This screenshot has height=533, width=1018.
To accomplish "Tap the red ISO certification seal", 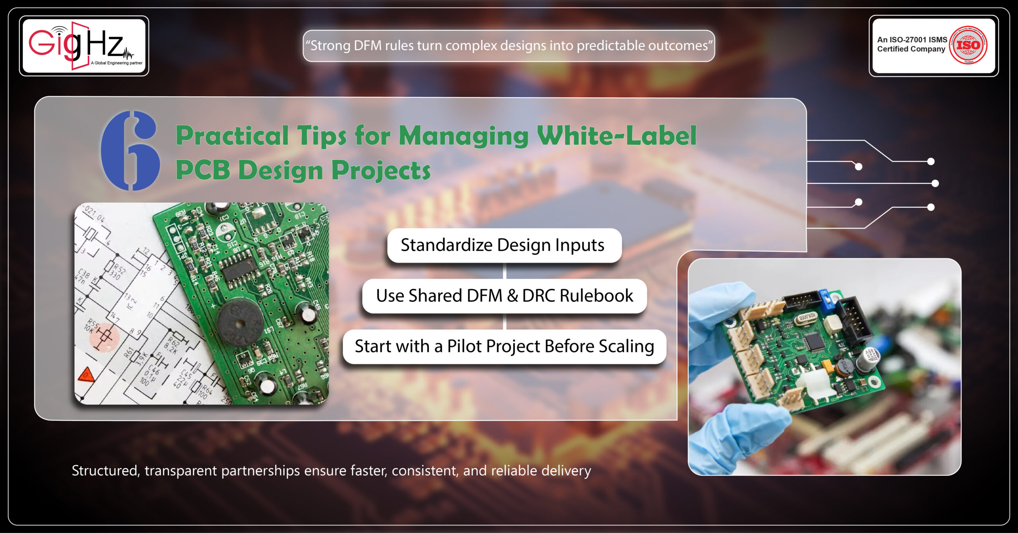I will click(x=968, y=45).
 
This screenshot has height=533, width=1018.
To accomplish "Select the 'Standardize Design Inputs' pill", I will click(x=504, y=245).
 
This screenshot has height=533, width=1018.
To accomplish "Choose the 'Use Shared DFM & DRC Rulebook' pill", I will click(x=504, y=296).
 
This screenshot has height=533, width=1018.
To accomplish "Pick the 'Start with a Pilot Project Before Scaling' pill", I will click(x=504, y=346).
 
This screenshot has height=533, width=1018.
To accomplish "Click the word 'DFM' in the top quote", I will click(x=367, y=46).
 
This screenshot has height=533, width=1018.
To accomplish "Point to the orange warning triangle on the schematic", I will click(x=86, y=375).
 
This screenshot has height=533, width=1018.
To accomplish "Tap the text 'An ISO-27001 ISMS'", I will click(x=912, y=40).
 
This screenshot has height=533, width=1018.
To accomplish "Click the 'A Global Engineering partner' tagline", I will click(x=117, y=63).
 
